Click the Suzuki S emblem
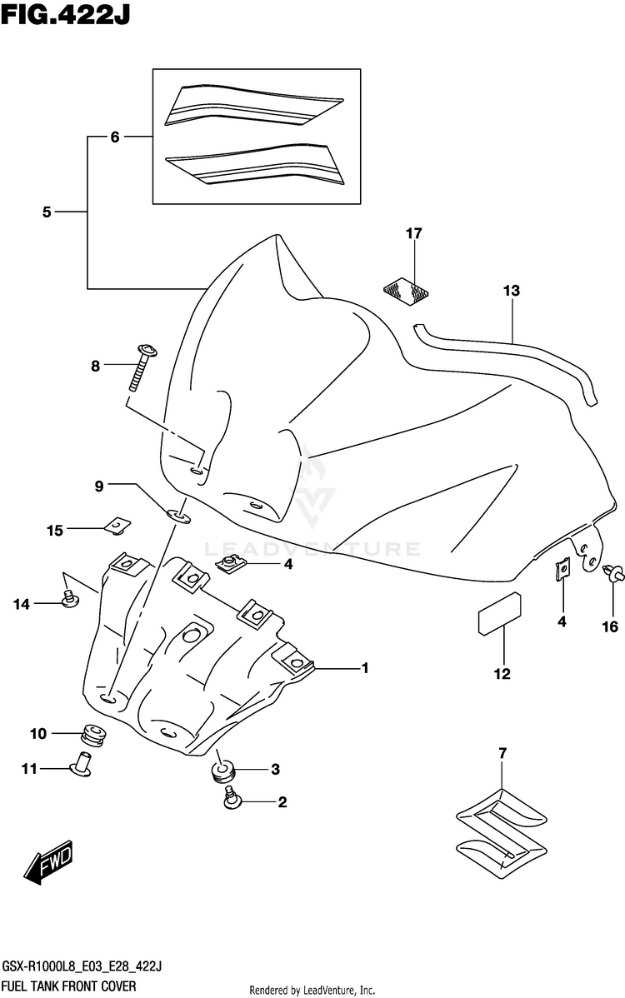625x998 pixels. click(502, 829)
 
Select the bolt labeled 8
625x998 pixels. click(142, 367)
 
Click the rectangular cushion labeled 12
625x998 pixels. click(500, 614)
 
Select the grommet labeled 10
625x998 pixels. click(93, 735)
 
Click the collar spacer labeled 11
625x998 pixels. click(81, 763)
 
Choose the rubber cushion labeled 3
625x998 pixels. click(222, 771)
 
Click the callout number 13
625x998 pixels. click(511, 291)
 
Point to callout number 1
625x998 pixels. click(365, 667)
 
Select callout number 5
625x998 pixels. click(47, 212)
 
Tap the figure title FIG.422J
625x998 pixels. click(66, 14)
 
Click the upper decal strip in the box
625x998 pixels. click(254, 105)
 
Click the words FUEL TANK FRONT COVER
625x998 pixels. click(68, 986)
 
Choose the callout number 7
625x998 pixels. click(502, 753)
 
